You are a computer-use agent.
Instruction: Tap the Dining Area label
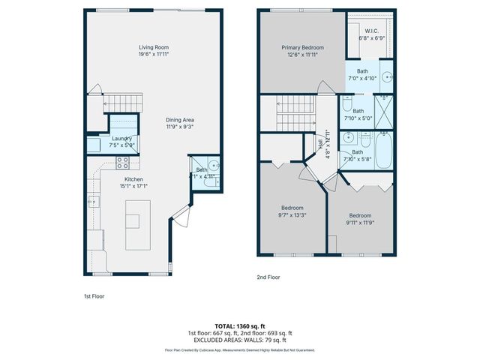pyautogui.click(x=181, y=120)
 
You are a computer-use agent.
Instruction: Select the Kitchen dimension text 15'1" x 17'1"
pyautogui.click(x=134, y=187)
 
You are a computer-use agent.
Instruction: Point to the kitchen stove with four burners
pyautogui.click(x=124, y=161)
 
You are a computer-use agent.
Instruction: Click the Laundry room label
pyautogui.click(x=122, y=138)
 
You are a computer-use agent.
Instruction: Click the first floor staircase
pyautogui.click(x=120, y=100)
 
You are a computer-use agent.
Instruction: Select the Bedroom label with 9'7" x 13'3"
pyautogui.click(x=292, y=208)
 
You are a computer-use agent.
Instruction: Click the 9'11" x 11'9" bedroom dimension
pyautogui.click(x=359, y=222)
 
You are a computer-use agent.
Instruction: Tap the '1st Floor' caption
pyautogui.click(x=94, y=296)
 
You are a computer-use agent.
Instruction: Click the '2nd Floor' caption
pyautogui.click(x=268, y=277)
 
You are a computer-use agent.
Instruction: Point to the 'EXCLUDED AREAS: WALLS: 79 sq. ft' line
pyautogui.click(x=240, y=339)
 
